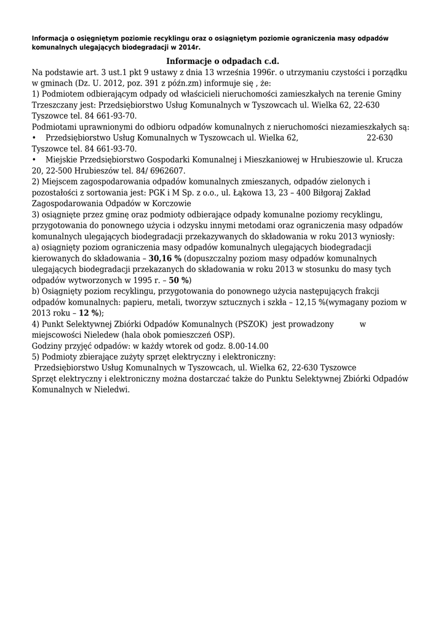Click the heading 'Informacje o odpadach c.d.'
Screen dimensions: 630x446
223,62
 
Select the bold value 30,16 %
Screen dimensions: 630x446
165,259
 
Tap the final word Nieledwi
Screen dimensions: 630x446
111,390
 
